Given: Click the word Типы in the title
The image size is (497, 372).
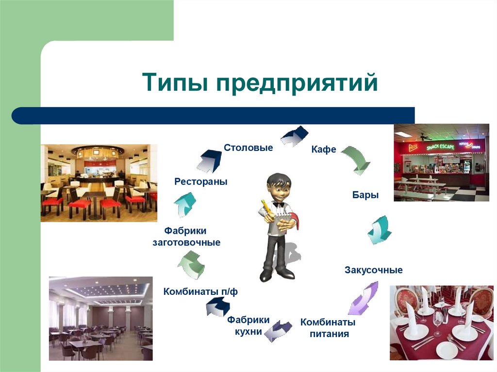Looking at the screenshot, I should pyautogui.click(x=175, y=82).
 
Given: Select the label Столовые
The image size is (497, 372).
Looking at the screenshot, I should pyautogui.click(x=248, y=147).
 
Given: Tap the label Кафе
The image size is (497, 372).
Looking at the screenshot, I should pyautogui.click(x=324, y=150).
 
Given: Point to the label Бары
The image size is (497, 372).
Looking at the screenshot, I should pyautogui.click(x=365, y=195).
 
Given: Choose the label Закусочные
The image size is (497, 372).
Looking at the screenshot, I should pyautogui.click(x=373, y=270).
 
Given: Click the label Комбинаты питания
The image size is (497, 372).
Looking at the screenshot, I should pyautogui.click(x=328, y=328).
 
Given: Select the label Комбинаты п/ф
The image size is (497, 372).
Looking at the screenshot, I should pyautogui.click(x=200, y=292).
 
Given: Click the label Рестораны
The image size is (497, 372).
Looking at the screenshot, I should pyautogui.click(x=201, y=182).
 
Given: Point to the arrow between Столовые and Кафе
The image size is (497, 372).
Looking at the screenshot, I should pyautogui.click(x=294, y=136).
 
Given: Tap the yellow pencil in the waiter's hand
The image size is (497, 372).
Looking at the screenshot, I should pyautogui.click(x=265, y=207).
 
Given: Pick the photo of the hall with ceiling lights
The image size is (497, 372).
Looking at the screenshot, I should pyautogui.click(x=100, y=318).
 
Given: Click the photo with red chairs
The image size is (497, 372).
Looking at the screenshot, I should pyautogui.click(x=99, y=182).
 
